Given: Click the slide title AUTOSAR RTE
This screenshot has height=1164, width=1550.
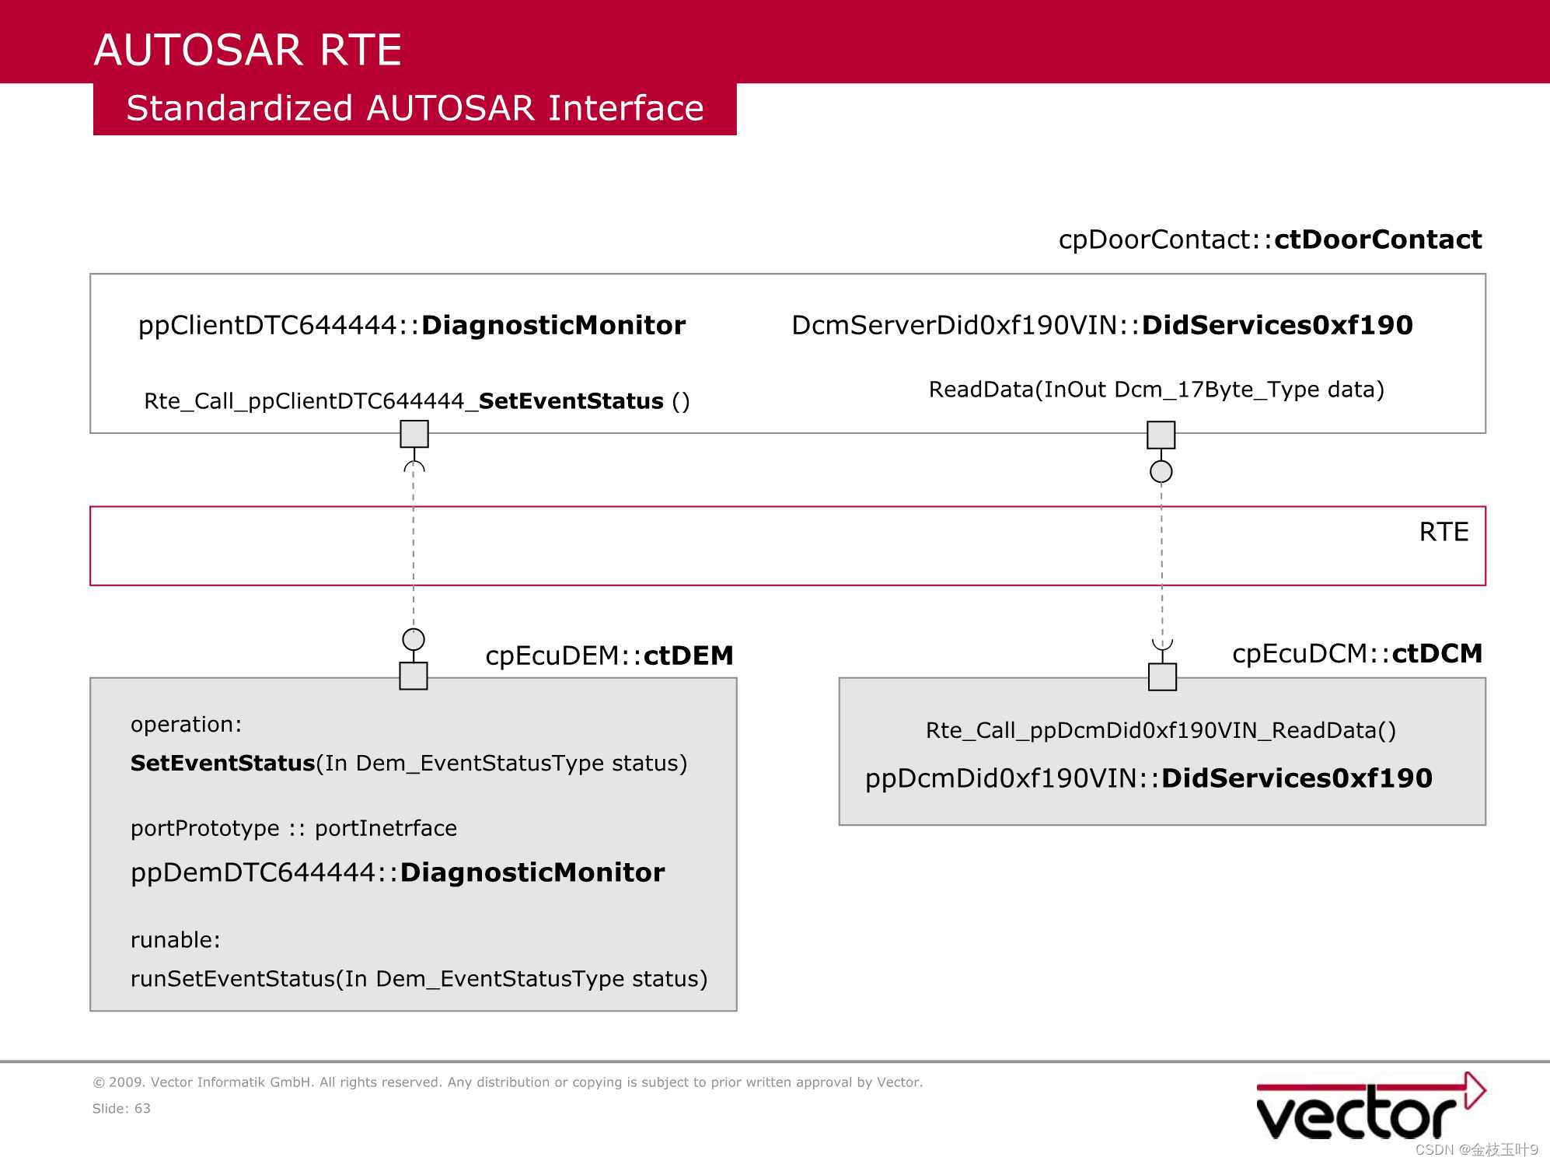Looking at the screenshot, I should pyautogui.click(x=247, y=50).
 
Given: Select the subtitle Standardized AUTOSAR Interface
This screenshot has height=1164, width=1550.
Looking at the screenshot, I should pyautogui.click(x=415, y=108).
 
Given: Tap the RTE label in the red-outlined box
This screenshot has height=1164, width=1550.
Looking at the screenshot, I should pyautogui.click(x=1444, y=532).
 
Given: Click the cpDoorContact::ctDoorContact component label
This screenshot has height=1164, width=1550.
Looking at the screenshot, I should pyautogui.click(x=1270, y=239).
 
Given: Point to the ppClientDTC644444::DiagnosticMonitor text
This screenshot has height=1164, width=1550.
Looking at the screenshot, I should pyautogui.click(x=412, y=325).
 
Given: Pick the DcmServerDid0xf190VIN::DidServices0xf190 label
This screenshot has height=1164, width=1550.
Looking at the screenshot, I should pyautogui.click(x=1102, y=325).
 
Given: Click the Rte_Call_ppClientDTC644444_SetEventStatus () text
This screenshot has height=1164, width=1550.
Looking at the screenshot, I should pyautogui.click(x=417, y=401).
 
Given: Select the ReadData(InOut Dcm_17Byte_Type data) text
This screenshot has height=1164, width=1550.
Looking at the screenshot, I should pyautogui.click(x=1157, y=390).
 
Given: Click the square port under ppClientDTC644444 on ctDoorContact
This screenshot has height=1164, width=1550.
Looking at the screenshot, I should pyautogui.click(x=414, y=434).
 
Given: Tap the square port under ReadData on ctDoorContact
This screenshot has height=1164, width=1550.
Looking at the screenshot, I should pyautogui.click(x=1161, y=435).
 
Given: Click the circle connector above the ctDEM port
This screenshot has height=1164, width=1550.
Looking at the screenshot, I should pyautogui.click(x=414, y=639).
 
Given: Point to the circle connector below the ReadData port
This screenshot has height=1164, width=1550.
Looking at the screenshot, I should pyautogui.click(x=1161, y=471).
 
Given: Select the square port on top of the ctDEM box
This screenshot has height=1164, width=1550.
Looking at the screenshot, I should pyautogui.click(x=414, y=676).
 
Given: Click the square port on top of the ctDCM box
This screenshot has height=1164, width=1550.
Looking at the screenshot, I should pyautogui.click(x=1163, y=676).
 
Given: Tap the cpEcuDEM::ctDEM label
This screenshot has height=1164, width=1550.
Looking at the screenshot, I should pyautogui.click(x=609, y=655).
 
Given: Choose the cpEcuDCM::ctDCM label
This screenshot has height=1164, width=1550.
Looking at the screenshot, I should pyautogui.click(x=1357, y=654).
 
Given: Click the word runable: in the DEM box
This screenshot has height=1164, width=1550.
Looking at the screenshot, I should pyautogui.click(x=176, y=940).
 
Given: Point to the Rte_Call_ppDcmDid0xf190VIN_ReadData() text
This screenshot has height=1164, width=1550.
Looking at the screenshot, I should pyautogui.click(x=1161, y=730).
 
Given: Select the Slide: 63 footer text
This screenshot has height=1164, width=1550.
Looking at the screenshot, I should pyautogui.click(x=121, y=1108).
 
